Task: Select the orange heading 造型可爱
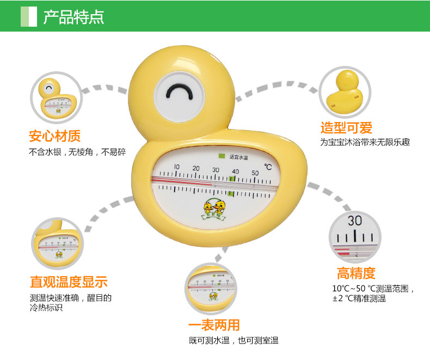tap(346, 129)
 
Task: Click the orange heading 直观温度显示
tap(69, 282)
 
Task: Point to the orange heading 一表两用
tap(214, 325)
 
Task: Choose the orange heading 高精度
tap(356, 273)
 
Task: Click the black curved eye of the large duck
tap(180, 93)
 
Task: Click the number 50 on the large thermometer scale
tap(255, 173)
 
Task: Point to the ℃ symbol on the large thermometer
tap(268, 166)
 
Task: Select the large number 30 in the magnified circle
tap(355, 221)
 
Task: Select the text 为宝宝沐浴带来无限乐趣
tap(365, 143)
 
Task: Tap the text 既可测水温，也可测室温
tap(234, 340)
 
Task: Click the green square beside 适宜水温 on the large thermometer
tap(222, 156)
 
